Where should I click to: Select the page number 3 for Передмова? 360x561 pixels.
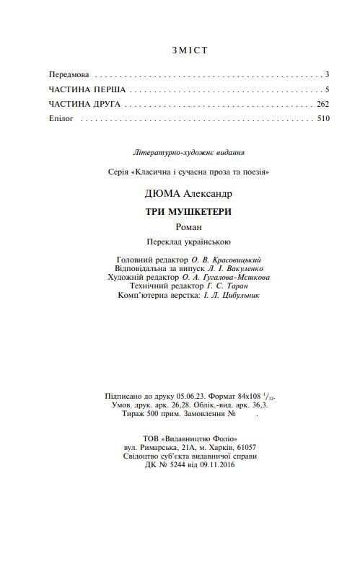[327, 74]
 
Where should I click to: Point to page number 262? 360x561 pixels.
[323, 104]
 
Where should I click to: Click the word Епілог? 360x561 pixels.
[61, 118]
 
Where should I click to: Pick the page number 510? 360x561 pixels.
[323, 118]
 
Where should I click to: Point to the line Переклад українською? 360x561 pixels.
[189, 242]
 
